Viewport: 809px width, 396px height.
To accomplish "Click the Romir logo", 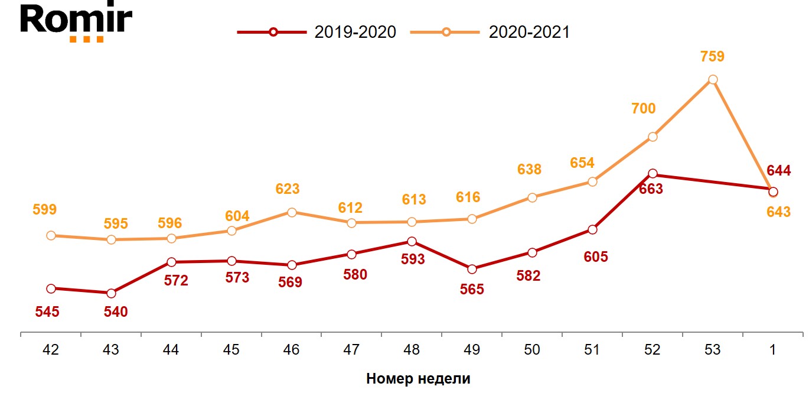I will tap(76, 22).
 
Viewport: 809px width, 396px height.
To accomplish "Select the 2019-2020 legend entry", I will tap(317, 32).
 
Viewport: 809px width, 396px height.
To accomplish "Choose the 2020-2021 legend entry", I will tap(491, 32).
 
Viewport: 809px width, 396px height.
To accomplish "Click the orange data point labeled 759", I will tap(713, 79).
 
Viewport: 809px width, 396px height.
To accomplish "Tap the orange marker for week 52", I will tap(653, 137).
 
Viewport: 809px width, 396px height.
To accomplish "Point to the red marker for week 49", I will tap(472, 269).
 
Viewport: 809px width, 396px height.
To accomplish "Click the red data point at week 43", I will tap(111, 293).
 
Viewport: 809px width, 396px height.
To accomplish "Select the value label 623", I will tap(288, 189).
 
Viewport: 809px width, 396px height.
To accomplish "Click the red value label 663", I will tap(650, 189).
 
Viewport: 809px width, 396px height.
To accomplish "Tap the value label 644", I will tap(778, 171).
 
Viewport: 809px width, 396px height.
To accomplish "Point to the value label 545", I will tap(47, 311).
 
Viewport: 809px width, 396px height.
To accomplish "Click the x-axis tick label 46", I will tap(291, 350).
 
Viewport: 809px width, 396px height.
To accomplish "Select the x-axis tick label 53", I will tap(713, 350).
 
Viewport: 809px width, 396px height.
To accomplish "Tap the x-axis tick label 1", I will tap(772, 350).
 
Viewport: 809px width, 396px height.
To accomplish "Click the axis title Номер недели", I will tap(418, 379).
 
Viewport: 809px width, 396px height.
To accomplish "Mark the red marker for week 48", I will tap(412, 241).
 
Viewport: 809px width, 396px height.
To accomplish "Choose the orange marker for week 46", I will tap(292, 212).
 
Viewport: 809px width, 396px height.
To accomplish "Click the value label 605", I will tap(595, 257).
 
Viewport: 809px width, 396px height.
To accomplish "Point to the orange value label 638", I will tap(529, 170).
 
